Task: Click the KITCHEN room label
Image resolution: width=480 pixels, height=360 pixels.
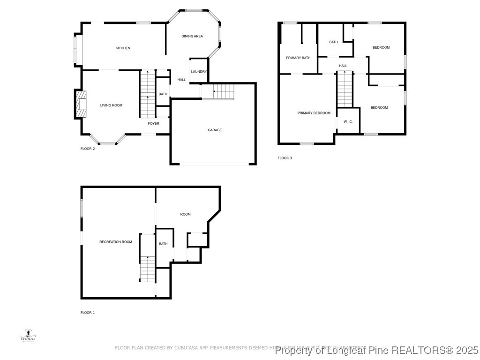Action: click(123, 48)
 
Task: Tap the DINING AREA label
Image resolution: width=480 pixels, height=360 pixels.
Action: click(192, 36)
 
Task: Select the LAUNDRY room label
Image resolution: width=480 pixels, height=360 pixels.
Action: click(199, 72)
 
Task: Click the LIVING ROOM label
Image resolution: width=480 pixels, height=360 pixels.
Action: click(111, 105)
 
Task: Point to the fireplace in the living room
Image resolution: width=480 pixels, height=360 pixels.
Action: click(81, 104)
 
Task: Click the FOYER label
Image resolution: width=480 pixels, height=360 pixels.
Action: click(153, 124)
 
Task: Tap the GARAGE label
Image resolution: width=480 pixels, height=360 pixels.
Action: click(215, 130)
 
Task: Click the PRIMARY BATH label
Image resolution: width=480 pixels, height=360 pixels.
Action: click(298, 58)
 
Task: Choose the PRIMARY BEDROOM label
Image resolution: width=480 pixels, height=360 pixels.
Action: click(314, 113)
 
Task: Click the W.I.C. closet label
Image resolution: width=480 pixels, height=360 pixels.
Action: click(348, 122)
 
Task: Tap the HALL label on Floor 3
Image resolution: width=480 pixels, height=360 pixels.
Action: click(343, 66)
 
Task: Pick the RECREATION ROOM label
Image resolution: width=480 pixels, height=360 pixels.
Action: click(115, 242)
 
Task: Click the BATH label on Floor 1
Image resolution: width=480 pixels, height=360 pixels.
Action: click(163, 244)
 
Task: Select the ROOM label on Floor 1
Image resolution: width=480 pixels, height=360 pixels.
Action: click(185, 214)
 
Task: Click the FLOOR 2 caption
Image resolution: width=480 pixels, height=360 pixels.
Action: click(88, 149)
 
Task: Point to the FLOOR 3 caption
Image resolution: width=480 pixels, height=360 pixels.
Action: click(285, 158)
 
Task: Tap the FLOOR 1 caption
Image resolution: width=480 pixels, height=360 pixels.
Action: click(88, 313)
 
